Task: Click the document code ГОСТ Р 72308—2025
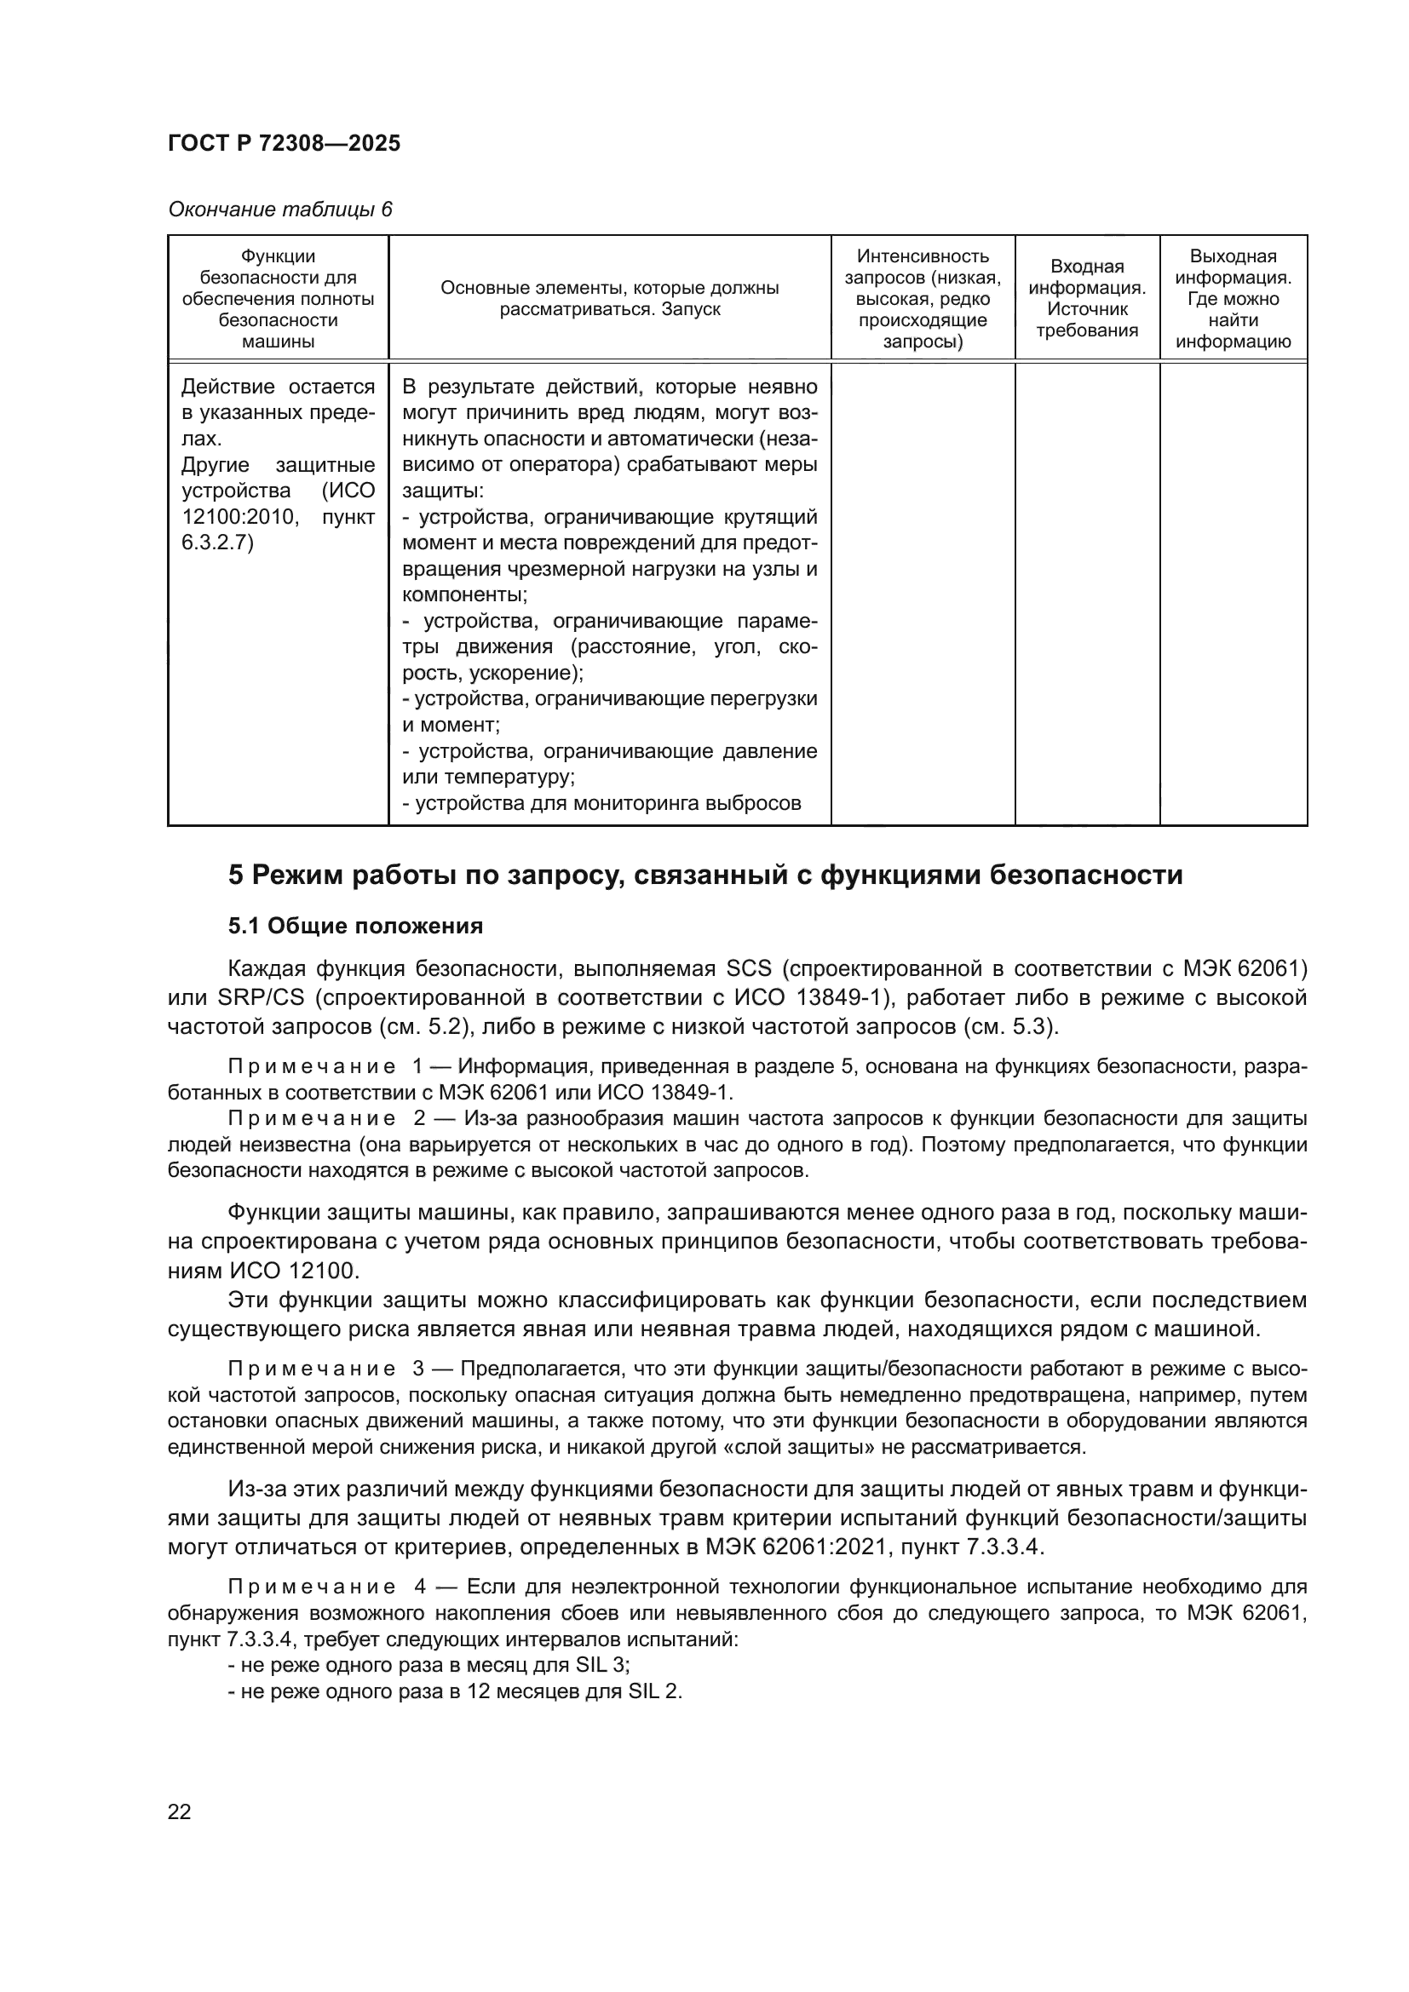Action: [x=284, y=143]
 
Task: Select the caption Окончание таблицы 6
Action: [x=279, y=210]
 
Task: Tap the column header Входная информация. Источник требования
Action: [x=1086, y=297]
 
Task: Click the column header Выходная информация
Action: [x=1232, y=297]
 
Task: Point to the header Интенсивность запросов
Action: [x=923, y=297]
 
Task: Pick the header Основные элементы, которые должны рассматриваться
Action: [x=609, y=297]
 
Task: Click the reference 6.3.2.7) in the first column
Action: [x=218, y=543]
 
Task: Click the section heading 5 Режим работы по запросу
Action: [x=704, y=875]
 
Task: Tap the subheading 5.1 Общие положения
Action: [x=355, y=927]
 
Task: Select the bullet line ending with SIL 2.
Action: [x=455, y=1691]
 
